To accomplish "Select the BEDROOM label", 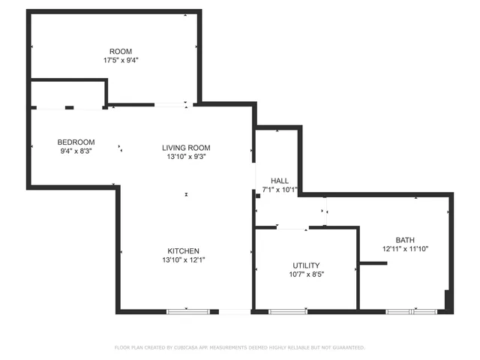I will [76, 142].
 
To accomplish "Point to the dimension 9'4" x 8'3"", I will [76, 151].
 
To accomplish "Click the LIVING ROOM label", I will [186, 148].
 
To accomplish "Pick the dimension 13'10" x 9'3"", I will [186, 157].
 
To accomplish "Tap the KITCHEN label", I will [183, 250].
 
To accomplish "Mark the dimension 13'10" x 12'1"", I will [183, 259].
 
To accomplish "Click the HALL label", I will [280, 181].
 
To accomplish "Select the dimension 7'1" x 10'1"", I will [280, 190].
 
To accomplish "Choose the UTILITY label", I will [306, 265].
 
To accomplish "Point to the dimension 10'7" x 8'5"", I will [306, 274].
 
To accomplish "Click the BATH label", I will [405, 239].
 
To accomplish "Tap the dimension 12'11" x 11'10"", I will [405, 248].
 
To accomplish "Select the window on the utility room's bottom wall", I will [288, 311].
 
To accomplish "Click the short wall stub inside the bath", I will [373, 263].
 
